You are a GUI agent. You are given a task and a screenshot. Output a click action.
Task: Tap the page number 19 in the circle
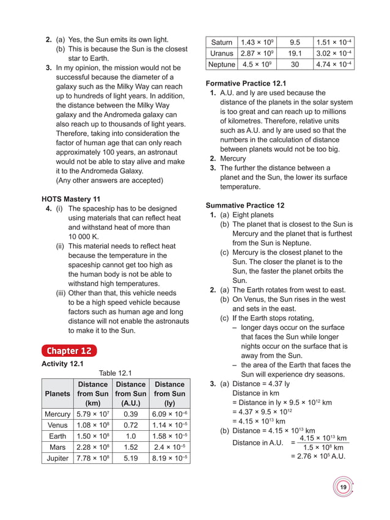[x=343, y=487]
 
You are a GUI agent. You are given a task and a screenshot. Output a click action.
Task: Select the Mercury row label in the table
[x=57, y=414]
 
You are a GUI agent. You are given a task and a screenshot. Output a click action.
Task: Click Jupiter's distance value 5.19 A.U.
[x=130, y=458]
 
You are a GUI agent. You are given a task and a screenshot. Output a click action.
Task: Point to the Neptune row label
[x=221, y=64]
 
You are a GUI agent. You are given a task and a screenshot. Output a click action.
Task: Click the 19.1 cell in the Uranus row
[x=294, y=53]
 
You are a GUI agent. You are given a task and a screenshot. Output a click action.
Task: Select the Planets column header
[x=57, y=394]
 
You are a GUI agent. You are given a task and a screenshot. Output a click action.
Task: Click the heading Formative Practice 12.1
[x=246, y=83]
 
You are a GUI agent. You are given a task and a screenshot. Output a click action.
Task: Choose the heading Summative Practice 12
[x=245, y=205]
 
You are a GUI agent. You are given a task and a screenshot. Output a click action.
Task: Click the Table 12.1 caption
[x=116, y=373]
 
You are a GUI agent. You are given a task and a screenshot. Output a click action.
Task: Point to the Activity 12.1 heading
[x=62, y=364]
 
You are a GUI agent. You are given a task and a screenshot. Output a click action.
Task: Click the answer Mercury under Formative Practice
[x=233, y=159]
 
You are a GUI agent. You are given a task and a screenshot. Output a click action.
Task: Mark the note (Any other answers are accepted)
[x=109, y=180]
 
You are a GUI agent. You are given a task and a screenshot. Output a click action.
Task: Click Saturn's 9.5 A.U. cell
[x=294, y=42]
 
